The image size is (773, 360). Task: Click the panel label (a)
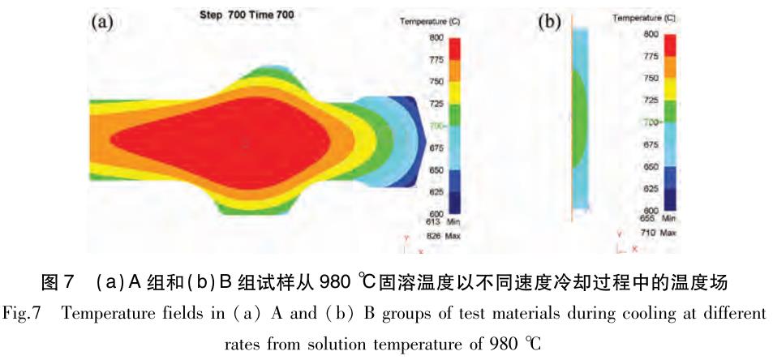[x=101, y=22]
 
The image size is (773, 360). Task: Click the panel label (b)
[x=549, y=22]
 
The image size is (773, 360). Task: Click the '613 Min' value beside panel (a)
[x=438, y=220]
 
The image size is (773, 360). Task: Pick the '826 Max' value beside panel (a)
[x=438, y=235]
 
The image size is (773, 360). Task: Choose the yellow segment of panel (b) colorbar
[x=670, y=88]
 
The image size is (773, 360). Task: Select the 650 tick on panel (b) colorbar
[x=651, y=165]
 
